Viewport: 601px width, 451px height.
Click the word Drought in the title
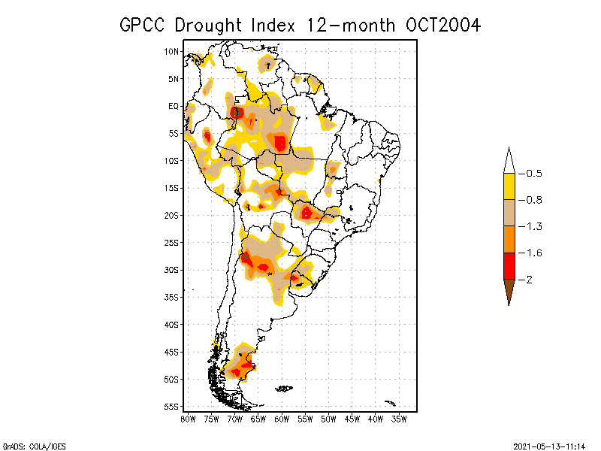pyautogui.click(x=212, y=25)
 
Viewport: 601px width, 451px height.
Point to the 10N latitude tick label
pyautogui.click(x=172, y=52)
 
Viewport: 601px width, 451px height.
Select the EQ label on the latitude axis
pyautogui.click(x=174, y=107)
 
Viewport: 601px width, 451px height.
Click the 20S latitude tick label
pyautogui.click(x=172, y=216)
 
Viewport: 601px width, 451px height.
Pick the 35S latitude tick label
pyautogui.click(x=172, y=298)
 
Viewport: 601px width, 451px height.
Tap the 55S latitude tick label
pyautogui.click(x=172, y=407)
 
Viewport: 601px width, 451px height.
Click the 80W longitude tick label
pyautogui.click(x=188, y=419)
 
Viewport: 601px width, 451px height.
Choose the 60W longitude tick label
pyautogui.click(x=282, y=419)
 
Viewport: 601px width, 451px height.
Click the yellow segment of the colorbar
pyautogui.click(x=509, y=186)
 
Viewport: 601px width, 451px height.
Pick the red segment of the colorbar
pyautogui.click(x=509, y=265)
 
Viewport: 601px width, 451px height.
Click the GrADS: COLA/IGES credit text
pyautogui.click(x=29, y=446)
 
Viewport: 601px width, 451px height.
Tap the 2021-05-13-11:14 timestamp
pyautogui.click(x=549, y=446)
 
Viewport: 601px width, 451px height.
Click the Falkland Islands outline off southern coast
pyautogui.click(x=284, y=389)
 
